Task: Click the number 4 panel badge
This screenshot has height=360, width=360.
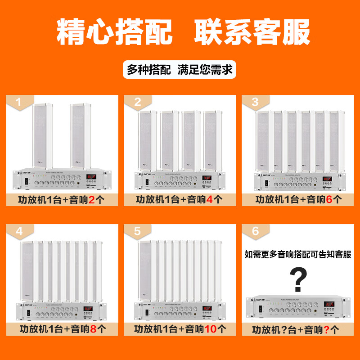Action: coord(18,231)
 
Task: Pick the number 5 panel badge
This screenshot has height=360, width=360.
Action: coord(137,231)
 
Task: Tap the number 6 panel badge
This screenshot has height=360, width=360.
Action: coord(255,231)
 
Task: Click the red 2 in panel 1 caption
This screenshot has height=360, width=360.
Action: coord(91,199)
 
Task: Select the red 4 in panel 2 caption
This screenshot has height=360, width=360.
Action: coord(210,199)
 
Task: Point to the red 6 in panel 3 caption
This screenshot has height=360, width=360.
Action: coord(328,199)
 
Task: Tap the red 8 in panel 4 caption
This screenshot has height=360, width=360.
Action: coord(93,329)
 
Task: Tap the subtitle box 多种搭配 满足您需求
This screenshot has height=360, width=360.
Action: coord(180,70)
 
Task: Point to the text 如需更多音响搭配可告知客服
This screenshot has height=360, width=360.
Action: coord(297,254)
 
